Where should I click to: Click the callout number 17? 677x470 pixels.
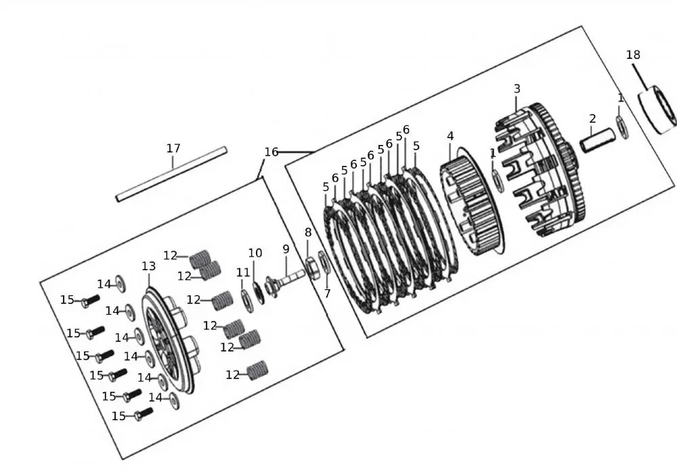[x=173, y=148]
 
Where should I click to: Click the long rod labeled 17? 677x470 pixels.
[x=171, y=173]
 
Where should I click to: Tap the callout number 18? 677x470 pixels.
[x=633, y=55]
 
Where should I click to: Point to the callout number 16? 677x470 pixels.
[x=271, y=152]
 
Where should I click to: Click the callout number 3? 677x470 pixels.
[x=517, y=89]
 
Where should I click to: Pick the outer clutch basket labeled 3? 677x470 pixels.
[x=542, y=169]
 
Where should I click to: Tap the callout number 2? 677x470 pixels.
[x=592, y=119]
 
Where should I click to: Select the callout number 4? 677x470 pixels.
[x=450, y=136]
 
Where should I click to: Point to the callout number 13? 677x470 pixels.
[x=148, y=267]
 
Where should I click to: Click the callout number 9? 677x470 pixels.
[x=286, y=249]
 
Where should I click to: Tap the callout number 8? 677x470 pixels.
[x=308, y=232]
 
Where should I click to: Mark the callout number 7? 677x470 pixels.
[x=327, y=293]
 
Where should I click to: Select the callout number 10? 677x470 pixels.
[x=255, y=253]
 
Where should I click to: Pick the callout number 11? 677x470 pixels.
[x=242, y=272]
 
